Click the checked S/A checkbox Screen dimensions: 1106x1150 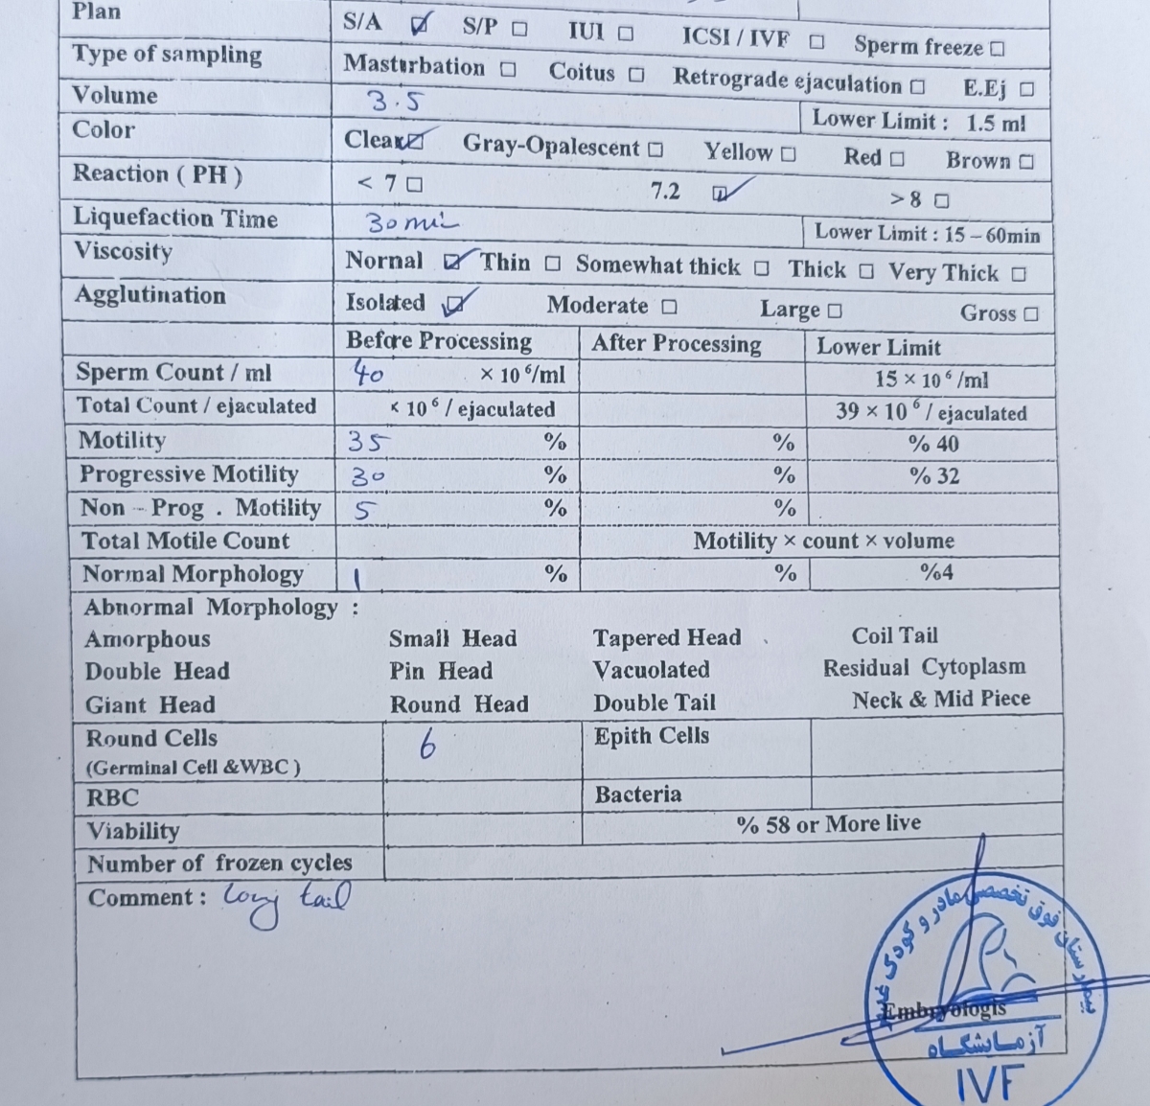pyautogui.click(x=419, y=26)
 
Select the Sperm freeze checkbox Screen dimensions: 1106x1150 pyautogui.click(x=998, y=48)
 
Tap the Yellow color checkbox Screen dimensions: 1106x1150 pyautogui.click(x=788, y=154)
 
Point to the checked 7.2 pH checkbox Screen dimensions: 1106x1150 pyautogui.click(x=721, y=194)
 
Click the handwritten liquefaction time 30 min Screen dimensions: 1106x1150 pyautogui.click(x=410, y=224)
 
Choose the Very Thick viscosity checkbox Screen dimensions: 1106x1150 pyautogui.click(x=1019, y=275)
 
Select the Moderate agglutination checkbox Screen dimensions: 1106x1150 pyautogui.click(x=669, y=308)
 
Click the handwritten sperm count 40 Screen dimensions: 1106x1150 pyautogui.click(x=368, y=373)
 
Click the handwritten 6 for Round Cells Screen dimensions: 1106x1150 pyautogui.click(x=427, y=743)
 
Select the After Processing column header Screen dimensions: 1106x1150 pyautogui.click(x=676, y=344)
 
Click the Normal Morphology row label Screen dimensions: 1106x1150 pyautogui.click(x=193, y=574)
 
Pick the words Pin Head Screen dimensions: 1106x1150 pyautogui.click(x=441, y=671)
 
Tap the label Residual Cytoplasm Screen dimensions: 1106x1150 pyautogui.click(x=924, y=667)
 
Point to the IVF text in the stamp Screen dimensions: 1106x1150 pyautogui.click(x=989, y=1083)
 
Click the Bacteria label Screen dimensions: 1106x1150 pyautogui.click(x=637, y=795)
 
